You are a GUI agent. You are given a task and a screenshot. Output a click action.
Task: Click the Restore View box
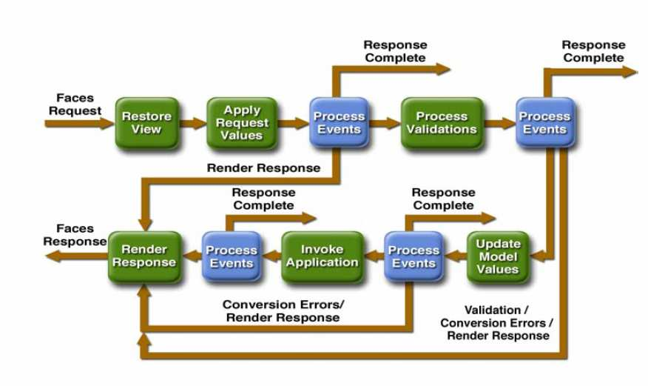click(146, 122)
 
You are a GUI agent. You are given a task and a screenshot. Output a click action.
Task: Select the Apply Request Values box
click(241, 122)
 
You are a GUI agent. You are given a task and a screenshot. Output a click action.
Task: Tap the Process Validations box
click(442, 122)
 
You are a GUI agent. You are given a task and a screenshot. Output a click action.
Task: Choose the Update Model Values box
click(498, 256)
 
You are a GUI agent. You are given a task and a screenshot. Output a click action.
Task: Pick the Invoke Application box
click(322, 256)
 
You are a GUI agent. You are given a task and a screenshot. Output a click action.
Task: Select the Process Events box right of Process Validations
click(544, 122)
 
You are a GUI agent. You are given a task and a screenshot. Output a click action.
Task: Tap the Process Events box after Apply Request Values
click(339, 122)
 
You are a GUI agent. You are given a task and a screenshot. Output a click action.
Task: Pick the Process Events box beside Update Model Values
click(414, 256)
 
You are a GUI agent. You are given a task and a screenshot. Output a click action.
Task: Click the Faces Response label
click(75, 236)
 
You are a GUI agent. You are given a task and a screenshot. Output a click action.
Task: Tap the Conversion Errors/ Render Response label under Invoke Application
click(283, 310)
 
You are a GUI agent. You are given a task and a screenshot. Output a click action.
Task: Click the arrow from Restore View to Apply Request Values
click(193, 123)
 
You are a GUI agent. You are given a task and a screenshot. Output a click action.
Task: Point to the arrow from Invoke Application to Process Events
click(271, 256)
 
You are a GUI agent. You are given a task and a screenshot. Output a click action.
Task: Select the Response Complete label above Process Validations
click(395, 51)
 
